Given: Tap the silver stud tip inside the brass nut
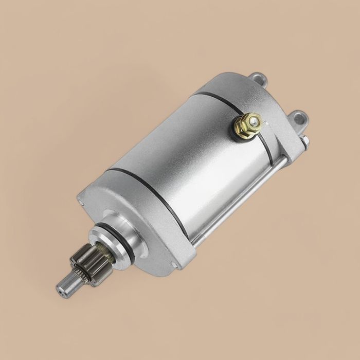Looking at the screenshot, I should [252, 121].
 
